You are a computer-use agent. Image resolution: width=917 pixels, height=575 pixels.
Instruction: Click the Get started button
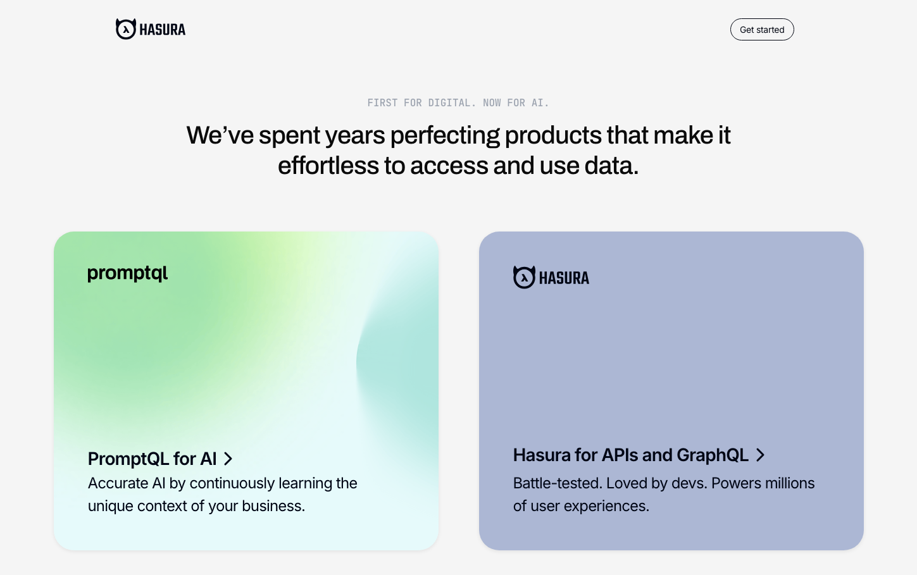click(762, 30)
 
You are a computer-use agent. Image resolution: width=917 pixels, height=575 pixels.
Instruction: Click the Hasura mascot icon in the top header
click(126, 29)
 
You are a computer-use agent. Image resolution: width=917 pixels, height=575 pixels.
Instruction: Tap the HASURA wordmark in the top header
click(163, 30)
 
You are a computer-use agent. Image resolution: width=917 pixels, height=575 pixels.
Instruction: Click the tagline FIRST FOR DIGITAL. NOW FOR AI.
click(458, 102)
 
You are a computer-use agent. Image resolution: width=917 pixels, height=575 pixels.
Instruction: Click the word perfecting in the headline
click(445, 136)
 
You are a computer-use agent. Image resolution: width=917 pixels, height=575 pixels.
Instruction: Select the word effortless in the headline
click(328, 166)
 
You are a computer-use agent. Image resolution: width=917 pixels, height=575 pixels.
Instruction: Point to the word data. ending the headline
click(611, 166)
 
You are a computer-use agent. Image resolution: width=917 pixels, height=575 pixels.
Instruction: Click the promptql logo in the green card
click(128, 273)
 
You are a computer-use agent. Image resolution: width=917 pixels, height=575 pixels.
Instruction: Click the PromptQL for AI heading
click(153, 459)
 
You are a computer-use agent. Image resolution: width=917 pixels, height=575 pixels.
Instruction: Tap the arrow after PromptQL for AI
click(228, 459)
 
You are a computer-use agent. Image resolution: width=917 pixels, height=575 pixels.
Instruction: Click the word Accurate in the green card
click(118, 483)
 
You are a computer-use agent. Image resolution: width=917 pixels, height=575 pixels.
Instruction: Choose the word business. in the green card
click(273, 506)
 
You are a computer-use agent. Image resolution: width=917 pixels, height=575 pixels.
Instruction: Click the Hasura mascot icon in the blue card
click(524, 277)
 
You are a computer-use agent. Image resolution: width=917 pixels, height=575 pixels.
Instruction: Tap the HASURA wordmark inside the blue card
click(564, 278)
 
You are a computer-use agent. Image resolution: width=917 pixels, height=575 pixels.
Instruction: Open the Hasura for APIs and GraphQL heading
click(631, 455)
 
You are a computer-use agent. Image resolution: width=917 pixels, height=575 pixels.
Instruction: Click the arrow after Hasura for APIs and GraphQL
click(760, 455)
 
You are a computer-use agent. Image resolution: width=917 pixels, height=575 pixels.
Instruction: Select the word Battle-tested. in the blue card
click(558, 483)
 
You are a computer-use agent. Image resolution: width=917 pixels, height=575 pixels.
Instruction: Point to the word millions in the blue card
click(790, 483)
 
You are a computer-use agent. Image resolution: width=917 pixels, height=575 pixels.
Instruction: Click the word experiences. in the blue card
click(606, 507)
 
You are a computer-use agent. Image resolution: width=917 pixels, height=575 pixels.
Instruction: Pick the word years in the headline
click(355, 136)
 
